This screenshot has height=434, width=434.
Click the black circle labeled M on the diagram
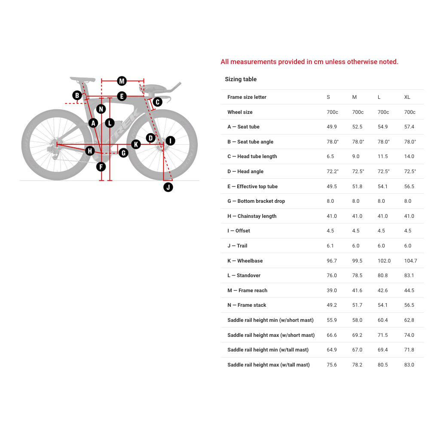pyautogui.click(x=122, y=81)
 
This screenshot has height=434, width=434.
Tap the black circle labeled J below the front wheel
pyautogui.click(x=168, y=187)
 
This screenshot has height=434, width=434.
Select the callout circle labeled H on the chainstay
pyautogui.click(x=90, y=151)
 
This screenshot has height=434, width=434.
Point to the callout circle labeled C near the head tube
pyautogui.click(x=157, y=102)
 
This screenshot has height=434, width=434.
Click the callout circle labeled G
pyautogui.click(x=123, y=153)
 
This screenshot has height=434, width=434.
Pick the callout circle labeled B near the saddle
pyautogui.click(x=77, y=95)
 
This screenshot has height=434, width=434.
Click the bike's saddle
pyautogui.click(x=83, y=79)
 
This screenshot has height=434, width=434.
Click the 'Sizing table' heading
pyautogui.click(x=241, y=79)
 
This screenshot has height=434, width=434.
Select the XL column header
pyautogui.click(x=407, y=97)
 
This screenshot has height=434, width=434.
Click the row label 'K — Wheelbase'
pyautogui.click(x=245, y=261)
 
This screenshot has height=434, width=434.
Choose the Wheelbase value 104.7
pyautogui.click(x=410, y=261)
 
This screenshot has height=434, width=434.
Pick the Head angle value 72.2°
pyautogui.click(x=332, y=171)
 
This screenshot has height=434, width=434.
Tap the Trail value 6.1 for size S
pyautogui.click(x=330, y=246)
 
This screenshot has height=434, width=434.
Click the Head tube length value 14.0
pyautogui.click(x=410, y=156)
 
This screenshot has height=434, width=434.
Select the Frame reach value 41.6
pyautogui.click(x=357, y=290)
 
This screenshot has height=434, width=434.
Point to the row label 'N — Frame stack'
pyautogui.click(x=247, y=305)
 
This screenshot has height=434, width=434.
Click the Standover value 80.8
pyautogui.click(x=382, y=275)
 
